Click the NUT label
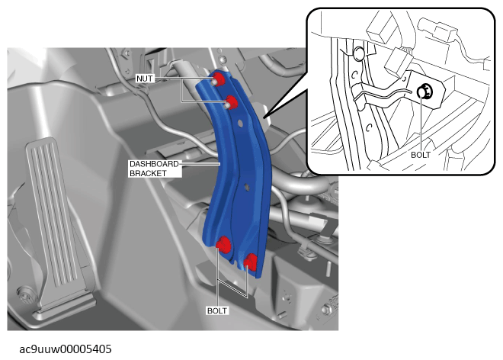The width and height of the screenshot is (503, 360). [x=145, y=79]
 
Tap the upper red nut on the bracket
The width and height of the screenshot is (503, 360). [x=218, y=79]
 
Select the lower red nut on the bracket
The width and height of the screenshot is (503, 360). [x=232, y=102]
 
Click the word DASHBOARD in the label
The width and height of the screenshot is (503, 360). [x=154, y=164]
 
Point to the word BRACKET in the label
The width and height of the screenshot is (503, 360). [x=148, y=173]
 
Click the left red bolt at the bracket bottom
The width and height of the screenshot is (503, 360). [x=223, y=244]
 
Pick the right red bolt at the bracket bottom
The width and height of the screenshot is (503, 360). [x=251, y=261]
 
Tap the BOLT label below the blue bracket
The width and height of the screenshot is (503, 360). [x=217, y=311]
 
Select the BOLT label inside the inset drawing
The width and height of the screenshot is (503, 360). [x=421, y=155]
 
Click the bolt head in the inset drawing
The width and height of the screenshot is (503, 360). [x=425, y=92]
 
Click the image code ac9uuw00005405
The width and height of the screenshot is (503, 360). [x=66, y=349]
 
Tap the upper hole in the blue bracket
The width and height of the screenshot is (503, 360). [x=239, y=123]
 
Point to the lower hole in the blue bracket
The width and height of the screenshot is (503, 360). [x=247, y=186]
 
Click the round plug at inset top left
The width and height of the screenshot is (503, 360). [x=358, y=53]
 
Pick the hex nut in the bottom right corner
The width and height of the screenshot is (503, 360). [x=326, y=310]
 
